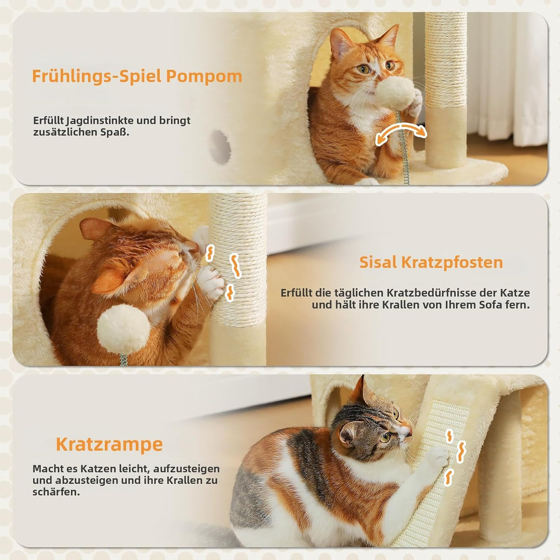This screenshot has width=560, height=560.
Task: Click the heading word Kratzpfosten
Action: tap(452, 262)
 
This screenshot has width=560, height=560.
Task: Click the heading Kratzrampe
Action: tap(109, 445)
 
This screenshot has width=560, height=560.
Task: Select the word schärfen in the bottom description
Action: tap(55, 492)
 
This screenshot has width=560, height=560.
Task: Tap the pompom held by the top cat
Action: tap(397, 93)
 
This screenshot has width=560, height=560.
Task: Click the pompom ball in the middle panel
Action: tap(123, 329)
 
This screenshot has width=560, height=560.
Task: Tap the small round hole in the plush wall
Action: tap(220, 147)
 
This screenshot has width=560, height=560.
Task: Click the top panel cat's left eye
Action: tap(365, 69)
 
